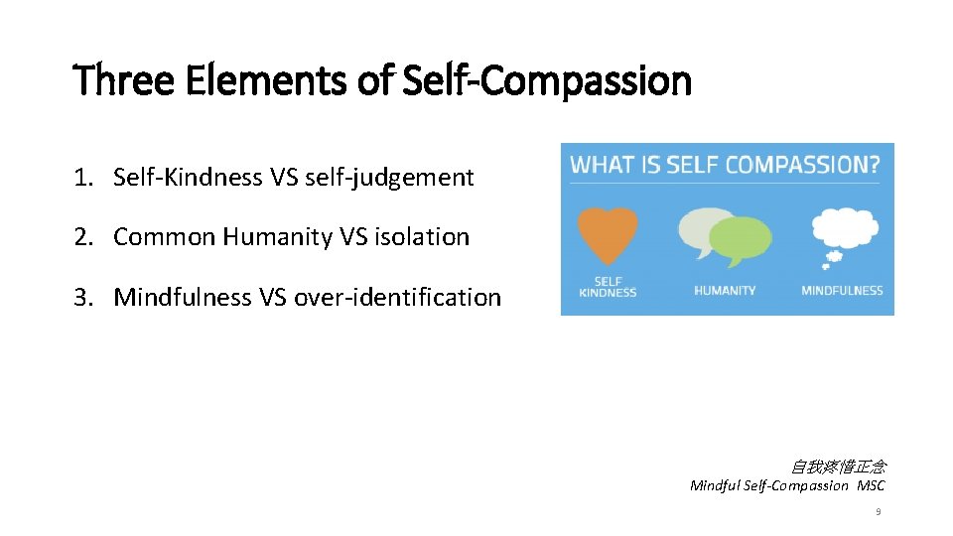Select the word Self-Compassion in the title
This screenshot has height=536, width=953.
coord(547,80)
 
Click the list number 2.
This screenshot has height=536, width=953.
coord(80,237)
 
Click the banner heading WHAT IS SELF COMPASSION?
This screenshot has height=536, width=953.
coord(725,164)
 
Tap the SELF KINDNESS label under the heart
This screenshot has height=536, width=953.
coord(606,286)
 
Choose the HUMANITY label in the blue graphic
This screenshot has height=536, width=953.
coord(725,291)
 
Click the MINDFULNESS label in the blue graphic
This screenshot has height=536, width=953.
coord(842,291)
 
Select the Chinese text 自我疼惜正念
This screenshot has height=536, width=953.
coord(838,467)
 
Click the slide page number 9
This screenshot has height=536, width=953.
coord(878,512)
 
